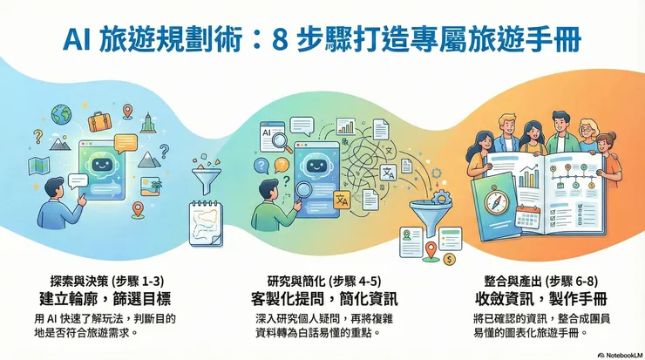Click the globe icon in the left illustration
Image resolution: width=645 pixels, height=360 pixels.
[x=61, y=114]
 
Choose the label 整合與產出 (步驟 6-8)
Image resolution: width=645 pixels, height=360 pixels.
[x=534, y=281]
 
